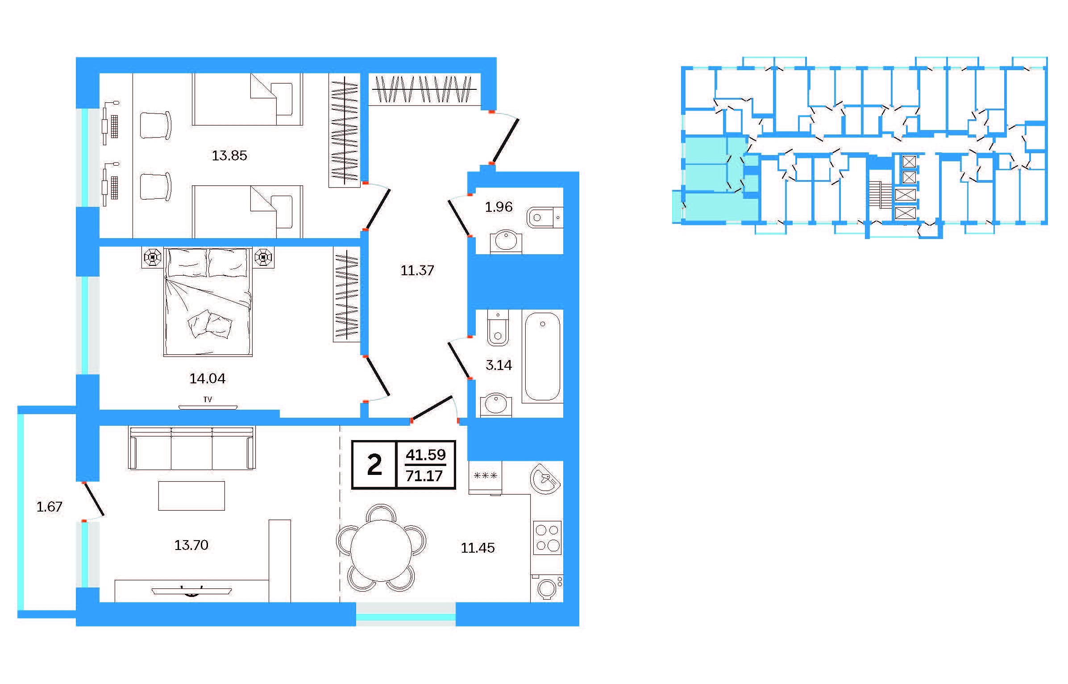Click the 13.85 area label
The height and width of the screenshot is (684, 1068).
pos(229,155)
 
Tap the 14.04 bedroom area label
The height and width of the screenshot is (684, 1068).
pos(208,379)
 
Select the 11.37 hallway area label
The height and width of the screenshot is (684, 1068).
pos(417,270)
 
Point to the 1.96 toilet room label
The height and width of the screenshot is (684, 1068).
pos(499,207)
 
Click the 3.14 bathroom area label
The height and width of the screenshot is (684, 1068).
pos(499,365)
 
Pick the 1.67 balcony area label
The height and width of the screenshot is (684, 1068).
pos(49,507)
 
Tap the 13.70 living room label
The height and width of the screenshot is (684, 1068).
pos(191,545)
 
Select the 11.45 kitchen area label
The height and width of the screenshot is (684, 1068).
pos(478,548)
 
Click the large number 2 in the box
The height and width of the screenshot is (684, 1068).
pos(374,465)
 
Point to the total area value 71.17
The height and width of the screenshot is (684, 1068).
pos(424,476)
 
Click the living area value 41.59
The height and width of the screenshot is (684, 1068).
pos(426,455)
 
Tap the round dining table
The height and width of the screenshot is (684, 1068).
pos(381,550)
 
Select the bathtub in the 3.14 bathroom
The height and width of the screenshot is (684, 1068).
pos(542,357)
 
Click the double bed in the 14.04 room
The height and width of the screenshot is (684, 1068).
pos(208,302)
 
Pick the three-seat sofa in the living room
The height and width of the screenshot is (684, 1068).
pos(192,448)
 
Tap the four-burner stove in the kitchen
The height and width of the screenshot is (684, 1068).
pos(547,537)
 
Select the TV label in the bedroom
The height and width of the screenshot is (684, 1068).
pos(208,399)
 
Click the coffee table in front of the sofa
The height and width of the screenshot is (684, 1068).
pos(191,495)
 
